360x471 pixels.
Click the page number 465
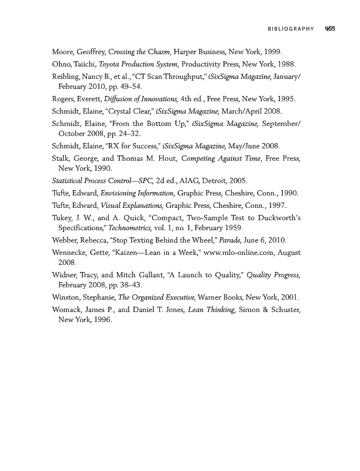point(329,28)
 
